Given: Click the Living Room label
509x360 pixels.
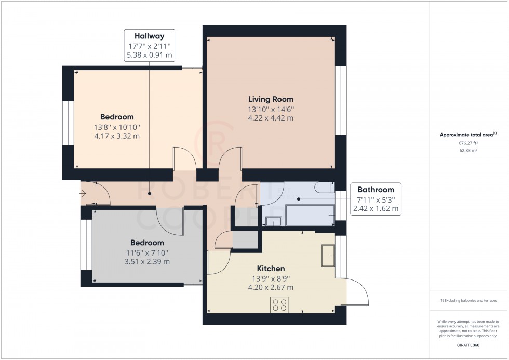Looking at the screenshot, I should (x=271, y=99).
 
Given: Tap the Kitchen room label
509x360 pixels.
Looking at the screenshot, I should (x=271, y=269).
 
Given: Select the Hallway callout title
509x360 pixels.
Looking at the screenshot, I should (x=149, y=36).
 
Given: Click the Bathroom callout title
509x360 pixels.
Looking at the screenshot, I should (x=376, y=190).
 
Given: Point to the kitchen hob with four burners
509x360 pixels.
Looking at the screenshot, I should (x=279, y=304).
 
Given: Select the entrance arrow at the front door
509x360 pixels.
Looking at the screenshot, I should (x=83, y=194).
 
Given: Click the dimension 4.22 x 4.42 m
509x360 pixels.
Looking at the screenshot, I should (x=271, y=118).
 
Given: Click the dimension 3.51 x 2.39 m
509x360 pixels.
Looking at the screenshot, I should (x=147, y=261).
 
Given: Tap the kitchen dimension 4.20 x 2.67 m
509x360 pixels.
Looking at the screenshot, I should (x=271, y=287).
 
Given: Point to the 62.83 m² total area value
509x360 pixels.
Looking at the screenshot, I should (x=468, y=150).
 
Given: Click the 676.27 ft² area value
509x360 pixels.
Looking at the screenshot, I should (x=468, y=143).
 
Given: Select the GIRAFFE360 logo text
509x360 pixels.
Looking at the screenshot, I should (x=468, y=345).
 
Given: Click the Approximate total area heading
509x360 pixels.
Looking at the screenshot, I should (x=468, y=135).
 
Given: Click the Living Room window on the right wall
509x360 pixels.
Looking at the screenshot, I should (x=340, y=100).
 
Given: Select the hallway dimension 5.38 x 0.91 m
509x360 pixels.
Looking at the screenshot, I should (x=149, y=55).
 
